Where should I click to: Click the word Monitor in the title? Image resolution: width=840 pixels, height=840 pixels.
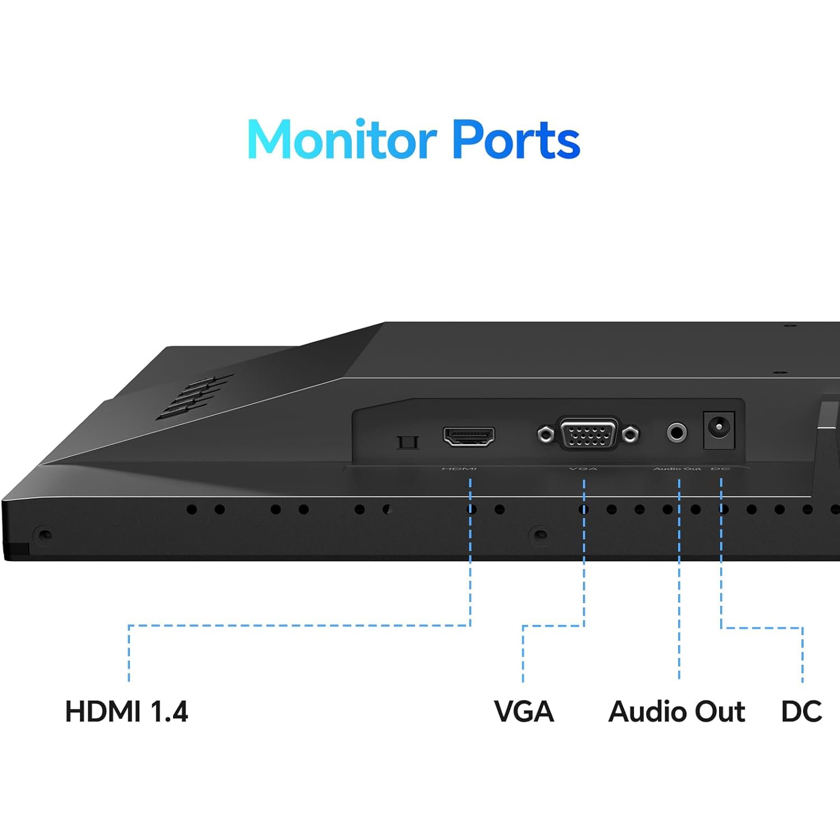(342, 140)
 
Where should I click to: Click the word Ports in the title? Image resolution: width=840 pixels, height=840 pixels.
(516, 140)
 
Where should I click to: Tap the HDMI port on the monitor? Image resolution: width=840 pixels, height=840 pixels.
(469, 436)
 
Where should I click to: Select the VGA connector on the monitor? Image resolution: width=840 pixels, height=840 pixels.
(588, 433)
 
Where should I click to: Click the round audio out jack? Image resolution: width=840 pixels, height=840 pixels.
(676, 432)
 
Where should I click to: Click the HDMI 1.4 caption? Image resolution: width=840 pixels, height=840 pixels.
(127, 712)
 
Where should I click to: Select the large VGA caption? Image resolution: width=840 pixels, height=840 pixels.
(524, 712)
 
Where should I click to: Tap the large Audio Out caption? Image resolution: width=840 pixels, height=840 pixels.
(676, 712)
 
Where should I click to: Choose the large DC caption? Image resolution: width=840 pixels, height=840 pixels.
(801, 712)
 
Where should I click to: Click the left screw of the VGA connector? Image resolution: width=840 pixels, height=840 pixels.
(545, 434)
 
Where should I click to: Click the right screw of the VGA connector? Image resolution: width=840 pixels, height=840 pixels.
(631, 433)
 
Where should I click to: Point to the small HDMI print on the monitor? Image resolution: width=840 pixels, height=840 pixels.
(459, 469)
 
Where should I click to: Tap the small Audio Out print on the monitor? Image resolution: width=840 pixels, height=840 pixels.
(677, 469)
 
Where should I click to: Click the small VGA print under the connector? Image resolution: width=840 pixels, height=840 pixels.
(583, 469)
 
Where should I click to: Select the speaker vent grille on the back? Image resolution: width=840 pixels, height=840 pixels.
(193, 396)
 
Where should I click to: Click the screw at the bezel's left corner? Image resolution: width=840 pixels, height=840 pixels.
(44, 535)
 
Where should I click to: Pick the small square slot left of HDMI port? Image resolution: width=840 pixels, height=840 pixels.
(407, 442)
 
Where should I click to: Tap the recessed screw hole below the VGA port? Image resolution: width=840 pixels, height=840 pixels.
(539, 535)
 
